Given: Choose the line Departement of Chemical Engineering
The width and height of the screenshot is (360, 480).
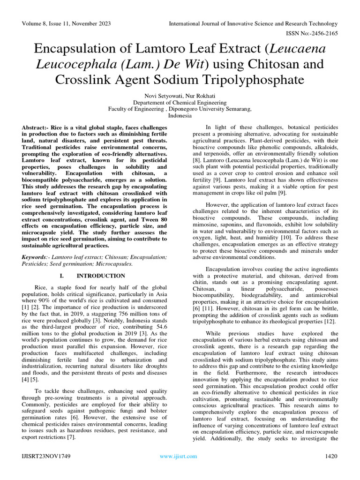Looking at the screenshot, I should click(x=180, y=102).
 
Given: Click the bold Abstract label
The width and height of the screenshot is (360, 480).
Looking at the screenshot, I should click(x=38, y=128).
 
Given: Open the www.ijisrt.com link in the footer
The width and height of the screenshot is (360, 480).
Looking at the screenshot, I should click(x=179, y=456).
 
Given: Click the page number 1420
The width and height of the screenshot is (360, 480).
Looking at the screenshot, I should click(x=330, y=456).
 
